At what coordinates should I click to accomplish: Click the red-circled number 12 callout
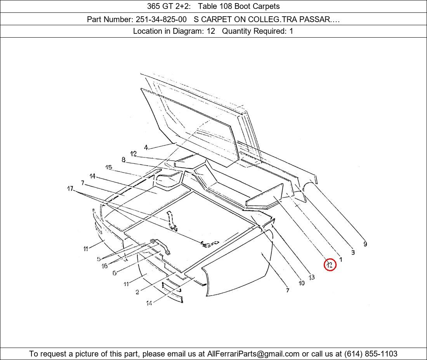(330, 265)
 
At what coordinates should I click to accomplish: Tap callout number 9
(365, 244)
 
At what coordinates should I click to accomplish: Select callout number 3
(353, 252)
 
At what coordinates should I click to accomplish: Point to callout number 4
(146, 147)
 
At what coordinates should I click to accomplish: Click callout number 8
(123, 160)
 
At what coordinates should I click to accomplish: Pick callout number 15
(109, 167)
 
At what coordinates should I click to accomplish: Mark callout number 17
(70, 188)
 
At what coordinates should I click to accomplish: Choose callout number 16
(104, 266)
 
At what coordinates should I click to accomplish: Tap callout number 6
(115, 273)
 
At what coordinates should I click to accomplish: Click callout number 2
(137, 292)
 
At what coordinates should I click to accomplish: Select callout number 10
(302, 283)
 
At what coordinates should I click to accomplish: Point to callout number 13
(312, 277)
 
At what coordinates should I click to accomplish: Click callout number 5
(99, 259)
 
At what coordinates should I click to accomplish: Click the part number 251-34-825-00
(161, 19)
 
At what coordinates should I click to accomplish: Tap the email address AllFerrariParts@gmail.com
(253, 354)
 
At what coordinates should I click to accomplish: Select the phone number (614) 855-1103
(371, 354)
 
